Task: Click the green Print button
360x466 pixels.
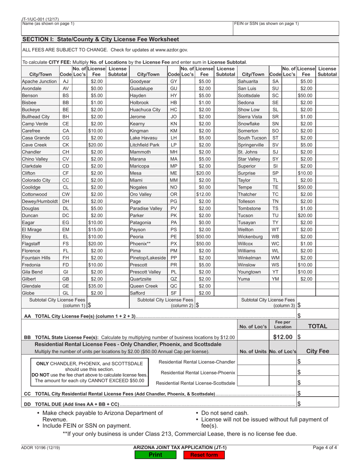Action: [155, 455]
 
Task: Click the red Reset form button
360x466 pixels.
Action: [204, 455]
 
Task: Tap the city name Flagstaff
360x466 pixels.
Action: [31, 244]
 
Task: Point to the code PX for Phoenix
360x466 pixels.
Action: [174, 244]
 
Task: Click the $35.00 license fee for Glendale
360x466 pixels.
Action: [96, 286]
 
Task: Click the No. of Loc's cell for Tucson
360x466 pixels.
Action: [288, 215]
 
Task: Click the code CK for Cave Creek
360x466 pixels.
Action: [66, 145]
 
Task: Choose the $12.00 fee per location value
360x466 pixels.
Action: [283, 337]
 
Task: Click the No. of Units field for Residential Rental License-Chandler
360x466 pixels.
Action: [253, 362]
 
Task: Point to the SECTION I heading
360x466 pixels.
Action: [100, 39]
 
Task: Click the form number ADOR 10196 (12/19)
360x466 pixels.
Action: [41, 448]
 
